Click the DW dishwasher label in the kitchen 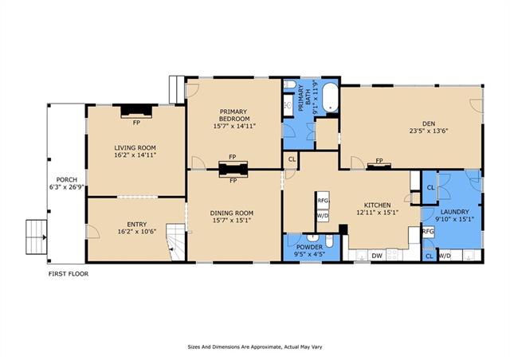coord(377,256)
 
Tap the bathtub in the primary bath coord(331,97)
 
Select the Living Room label coord(135,147)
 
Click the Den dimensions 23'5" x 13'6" coord(429,131)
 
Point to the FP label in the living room coord(136,123)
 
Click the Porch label coord(67,179)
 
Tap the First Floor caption coord(69,274)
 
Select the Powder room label coord(309,247)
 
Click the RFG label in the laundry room coord(428,232)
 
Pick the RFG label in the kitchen coord(323,201)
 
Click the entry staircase coord(176,242)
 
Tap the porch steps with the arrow coord(37,237)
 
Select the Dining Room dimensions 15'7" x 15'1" coord(232,220)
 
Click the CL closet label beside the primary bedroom coord(292,159)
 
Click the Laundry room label coord(453,212)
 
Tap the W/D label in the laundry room coord(445,256)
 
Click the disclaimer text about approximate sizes coord(255,347)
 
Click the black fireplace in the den coord(379,166)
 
